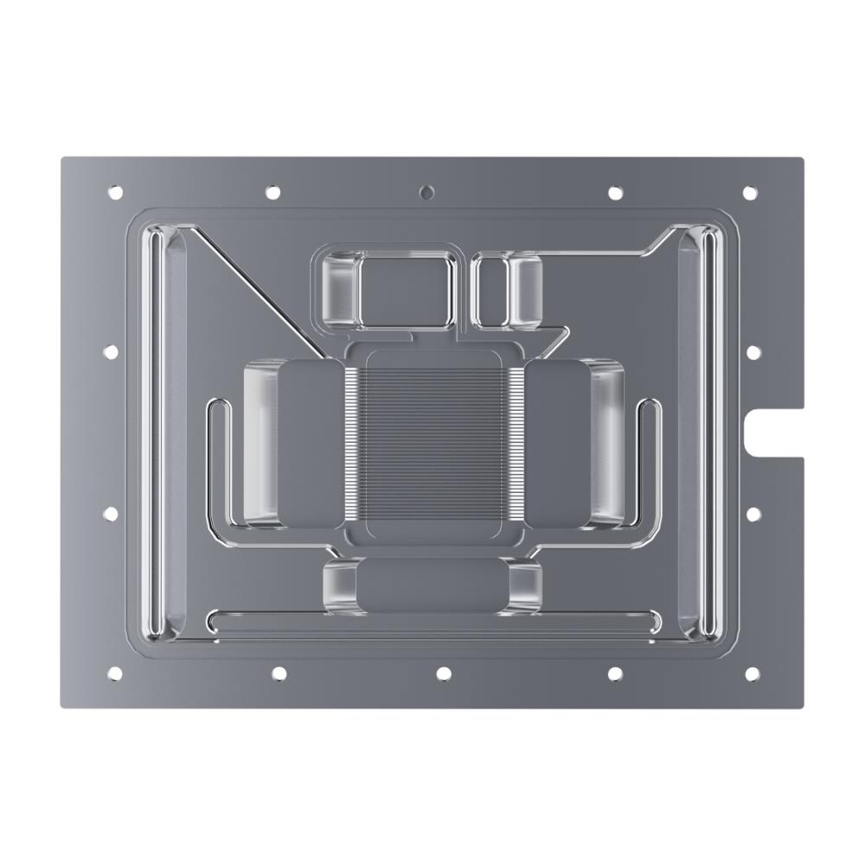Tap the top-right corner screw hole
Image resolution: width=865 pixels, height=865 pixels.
[749, 192]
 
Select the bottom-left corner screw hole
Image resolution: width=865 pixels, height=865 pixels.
[112, 673]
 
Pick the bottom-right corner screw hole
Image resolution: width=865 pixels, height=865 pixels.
[750, 673]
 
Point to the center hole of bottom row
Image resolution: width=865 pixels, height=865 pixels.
[443, 673]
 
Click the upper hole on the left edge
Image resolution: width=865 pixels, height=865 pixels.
[111, 352]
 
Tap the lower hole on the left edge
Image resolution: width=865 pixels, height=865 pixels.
[111, 514]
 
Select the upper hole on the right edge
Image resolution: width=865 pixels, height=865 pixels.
[753, 352]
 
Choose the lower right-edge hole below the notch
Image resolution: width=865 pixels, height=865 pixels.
[753, 514]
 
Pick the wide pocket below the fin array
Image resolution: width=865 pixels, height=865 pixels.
[432, 586]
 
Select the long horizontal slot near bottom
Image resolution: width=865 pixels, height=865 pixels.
[432, 620]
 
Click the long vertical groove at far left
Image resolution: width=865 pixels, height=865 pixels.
[154, 432]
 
